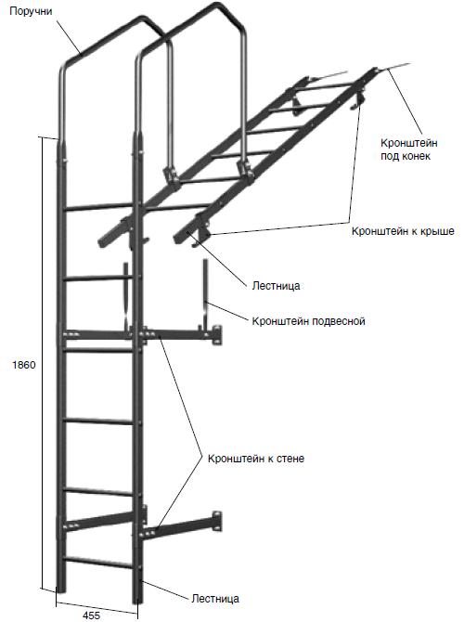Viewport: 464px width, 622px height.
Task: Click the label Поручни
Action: pyautogui.click(x=31, y=11)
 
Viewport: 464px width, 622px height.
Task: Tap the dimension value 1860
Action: pyautogui.click(x=24, y=365)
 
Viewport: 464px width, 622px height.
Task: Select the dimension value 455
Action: pyautogui.click(x=91, y=616)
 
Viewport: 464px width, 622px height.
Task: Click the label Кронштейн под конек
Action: pyautogui.click(x=409, y=149)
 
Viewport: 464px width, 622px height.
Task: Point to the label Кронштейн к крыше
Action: pyautogui.click(x=403, y=231)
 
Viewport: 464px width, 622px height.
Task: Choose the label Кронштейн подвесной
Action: pyautogui.click(x=308, y=320)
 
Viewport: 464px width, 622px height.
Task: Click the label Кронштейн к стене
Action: pyautogui.click(x=256, y=459)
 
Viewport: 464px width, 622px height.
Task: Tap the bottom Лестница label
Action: pyautogui.click(x=215, y=599)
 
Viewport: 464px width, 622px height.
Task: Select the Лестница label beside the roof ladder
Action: pyautogui.click(x=276, y=286)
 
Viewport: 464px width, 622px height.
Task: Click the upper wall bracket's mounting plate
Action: pyautogui.click(x=216, y=335)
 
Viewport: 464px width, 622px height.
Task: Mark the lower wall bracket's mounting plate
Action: pyautogui.click(x=217, y=521)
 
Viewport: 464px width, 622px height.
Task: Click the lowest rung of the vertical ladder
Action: pyautogui.click(x=98, y=562)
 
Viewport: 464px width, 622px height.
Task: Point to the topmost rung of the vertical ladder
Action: pyautogui.click(x=98, y=207)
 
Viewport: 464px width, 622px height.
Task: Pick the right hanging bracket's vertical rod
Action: pyautogui.click(x=205, y=292)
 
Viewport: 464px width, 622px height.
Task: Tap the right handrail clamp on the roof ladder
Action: pyautogui.click(x=244, y=169)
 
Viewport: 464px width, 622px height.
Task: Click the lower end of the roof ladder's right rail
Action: pyautogui.click(x=178, y=239)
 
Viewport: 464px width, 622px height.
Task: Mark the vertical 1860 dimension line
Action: pyautogui.click(x=42, y=363)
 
